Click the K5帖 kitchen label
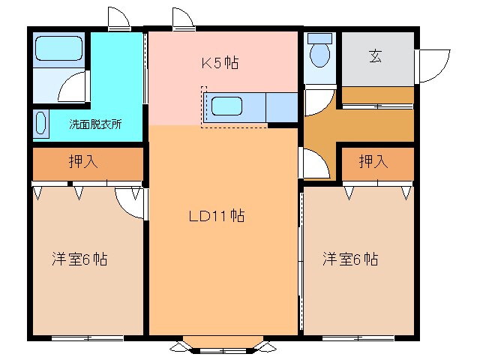tap(220, 63)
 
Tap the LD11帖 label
tap(217, 215)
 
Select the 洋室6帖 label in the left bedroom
tap(79, 259)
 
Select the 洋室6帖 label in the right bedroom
tap(350, 259)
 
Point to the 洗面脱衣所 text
tap(95, 124)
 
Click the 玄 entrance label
tap(375, 56)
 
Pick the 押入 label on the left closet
tap(83, 161)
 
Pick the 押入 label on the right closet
tap(373, 161)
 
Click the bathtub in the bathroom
tap(58, 48)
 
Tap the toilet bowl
tap(320, 55)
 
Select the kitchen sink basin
tap(226, 106)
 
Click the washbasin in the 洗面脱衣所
tap(40, 123)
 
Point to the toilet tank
tap(320, 38)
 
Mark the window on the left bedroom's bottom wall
tap(88, 338)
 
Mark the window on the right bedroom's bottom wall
tap(358, 338)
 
